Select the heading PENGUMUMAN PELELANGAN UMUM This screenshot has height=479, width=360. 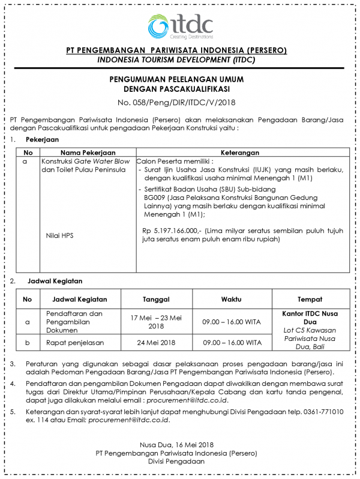click(x=179, y=79)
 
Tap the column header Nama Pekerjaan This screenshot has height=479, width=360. click(x=88, y=152)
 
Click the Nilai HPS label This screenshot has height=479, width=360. click(x=59, y=235)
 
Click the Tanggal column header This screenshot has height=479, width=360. click(x=156, y=299)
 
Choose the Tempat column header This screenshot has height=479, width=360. click(x=310, y=299)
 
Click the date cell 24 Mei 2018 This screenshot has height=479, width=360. click(x=156, y=343)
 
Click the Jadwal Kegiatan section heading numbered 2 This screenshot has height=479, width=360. click(x=55, y=280)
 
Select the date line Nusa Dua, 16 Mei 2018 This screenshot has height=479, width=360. click(x=179, y=444)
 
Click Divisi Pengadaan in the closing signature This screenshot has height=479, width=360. click(x=179, y=462)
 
